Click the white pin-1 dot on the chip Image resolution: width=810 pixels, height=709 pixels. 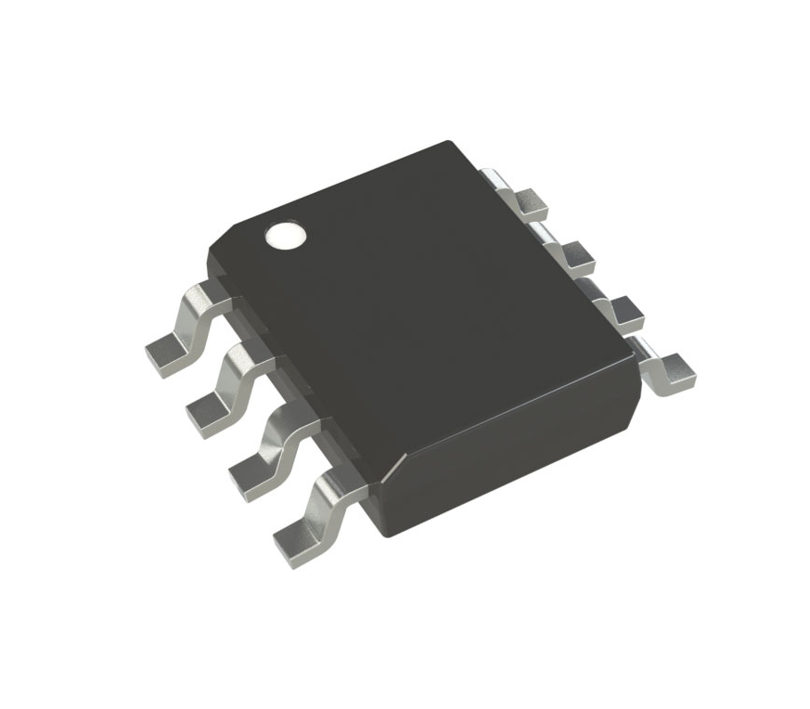point(286,236)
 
